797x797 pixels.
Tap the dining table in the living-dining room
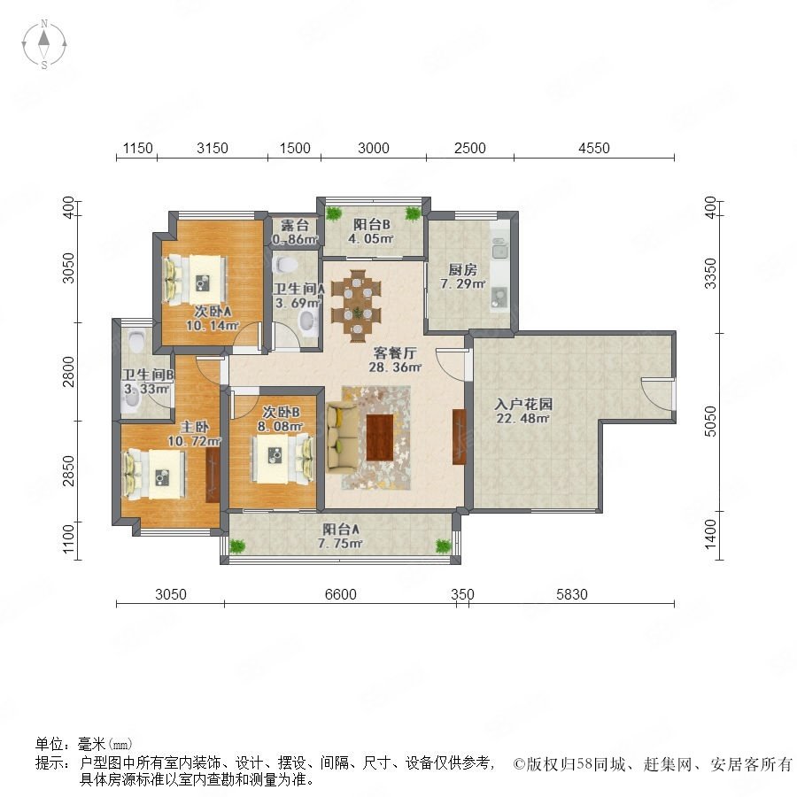point(358,304)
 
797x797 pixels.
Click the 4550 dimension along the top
point(593,148)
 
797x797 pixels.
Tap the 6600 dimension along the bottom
point(340,595)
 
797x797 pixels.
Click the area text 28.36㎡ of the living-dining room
point(393,368)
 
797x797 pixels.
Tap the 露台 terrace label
point(289,226)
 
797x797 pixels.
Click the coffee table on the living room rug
point(380,437)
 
